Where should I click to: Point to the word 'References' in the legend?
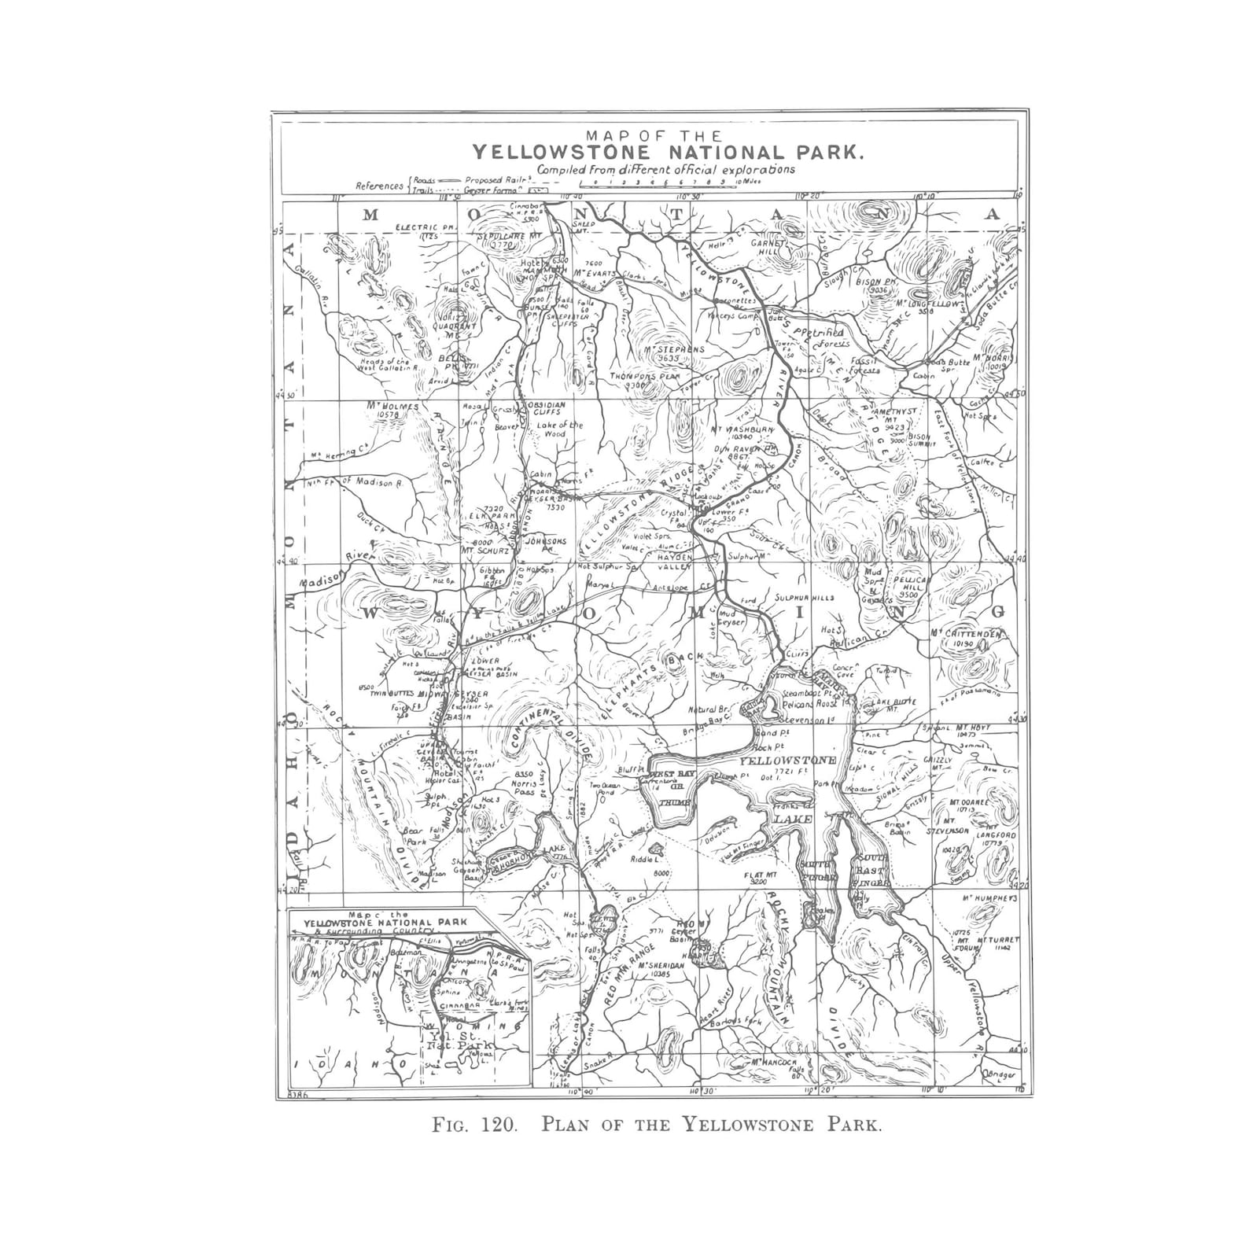(x=380, y=186)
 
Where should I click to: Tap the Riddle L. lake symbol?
(x=654, y=849)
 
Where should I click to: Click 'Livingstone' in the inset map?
(x=470, y=961)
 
